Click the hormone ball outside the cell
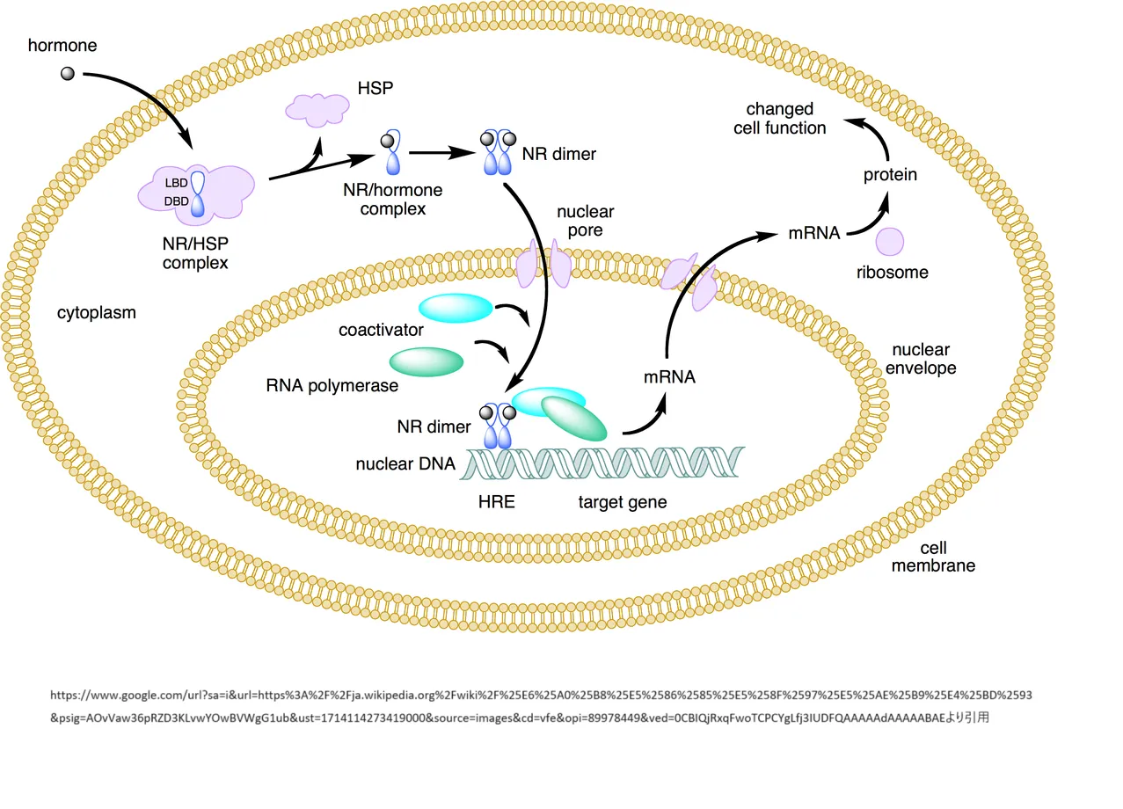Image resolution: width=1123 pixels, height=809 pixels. (67, 74)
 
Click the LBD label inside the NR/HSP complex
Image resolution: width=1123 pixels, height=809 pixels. (176, 183)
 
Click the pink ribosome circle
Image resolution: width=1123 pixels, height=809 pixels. (890, 242)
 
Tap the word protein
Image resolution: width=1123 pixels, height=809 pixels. (890, 175)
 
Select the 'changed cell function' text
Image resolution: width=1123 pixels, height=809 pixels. (786, 119)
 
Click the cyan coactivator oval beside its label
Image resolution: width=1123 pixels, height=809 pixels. (455, 307)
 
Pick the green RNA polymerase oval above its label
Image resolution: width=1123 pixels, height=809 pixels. (427, 361)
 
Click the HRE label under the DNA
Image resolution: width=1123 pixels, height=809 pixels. (496, 502)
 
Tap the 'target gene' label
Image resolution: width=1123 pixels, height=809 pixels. (623, 502)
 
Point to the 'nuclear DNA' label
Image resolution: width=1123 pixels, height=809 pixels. (405, 463)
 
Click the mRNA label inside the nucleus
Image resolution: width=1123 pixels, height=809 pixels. (669, 377)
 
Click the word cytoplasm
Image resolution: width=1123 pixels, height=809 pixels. (97, 312)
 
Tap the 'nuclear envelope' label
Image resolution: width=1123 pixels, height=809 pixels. (921, 359)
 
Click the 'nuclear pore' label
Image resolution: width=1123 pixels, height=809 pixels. (585, 222)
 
